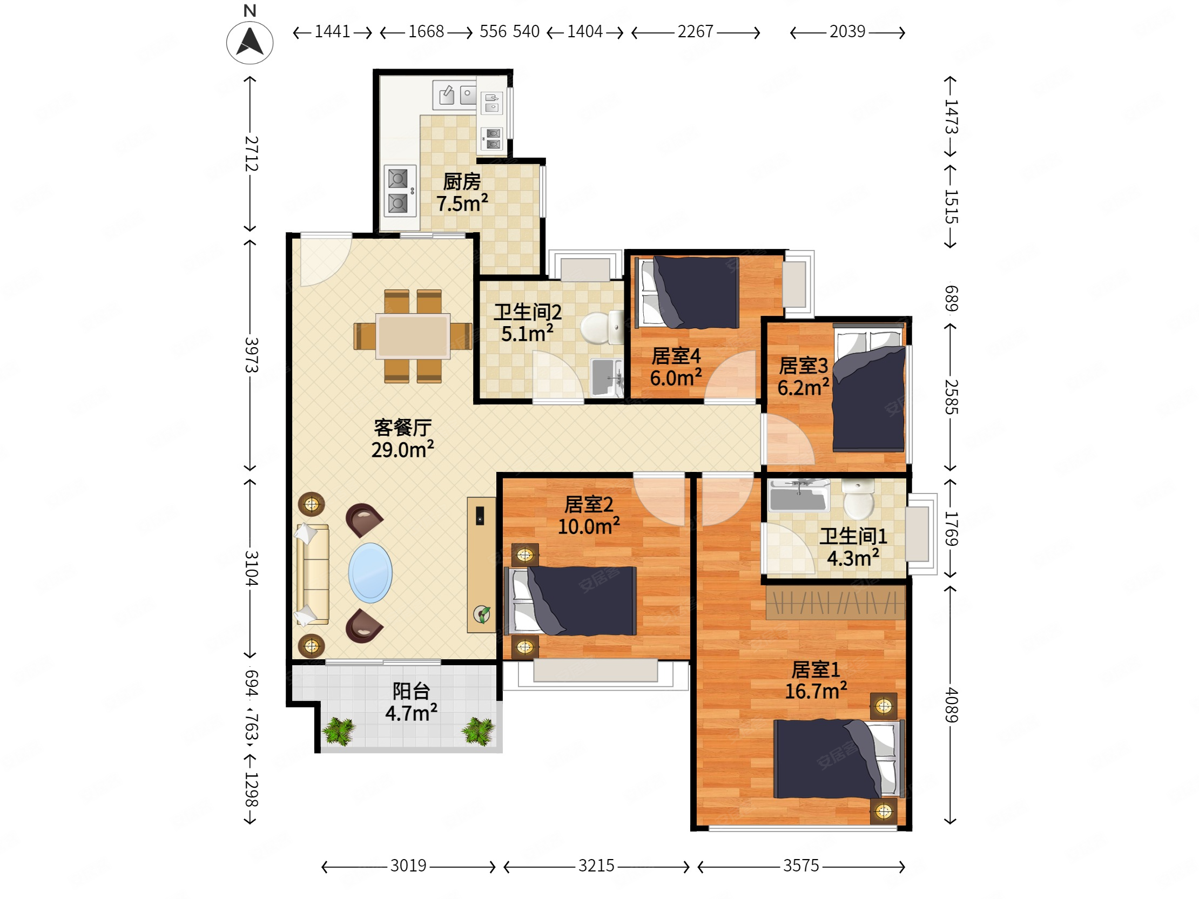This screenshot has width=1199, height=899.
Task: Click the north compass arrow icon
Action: click(250, 42)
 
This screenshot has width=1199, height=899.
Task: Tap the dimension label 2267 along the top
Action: click(696, 32)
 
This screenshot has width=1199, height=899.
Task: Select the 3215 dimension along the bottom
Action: click(596, 866)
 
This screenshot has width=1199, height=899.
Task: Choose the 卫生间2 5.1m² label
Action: click(528, 322)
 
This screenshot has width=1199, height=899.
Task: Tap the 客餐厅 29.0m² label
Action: click(403, 438)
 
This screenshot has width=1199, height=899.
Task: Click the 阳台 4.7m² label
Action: click(412, 702)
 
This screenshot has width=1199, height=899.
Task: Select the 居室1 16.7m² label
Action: click(816, 680)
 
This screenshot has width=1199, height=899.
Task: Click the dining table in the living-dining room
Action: click(413, 336)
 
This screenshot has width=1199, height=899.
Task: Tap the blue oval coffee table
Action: click(370, 573)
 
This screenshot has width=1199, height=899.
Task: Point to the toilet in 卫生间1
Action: click(859, 498)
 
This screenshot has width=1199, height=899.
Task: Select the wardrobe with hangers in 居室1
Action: click(836, 602)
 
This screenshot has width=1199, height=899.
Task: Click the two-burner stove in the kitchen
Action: click(400, 191)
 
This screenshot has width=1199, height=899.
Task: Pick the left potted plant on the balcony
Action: click(339, 731)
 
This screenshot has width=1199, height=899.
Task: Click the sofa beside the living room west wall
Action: click(312, 574)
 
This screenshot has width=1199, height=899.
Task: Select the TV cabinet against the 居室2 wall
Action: click(481, 565)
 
